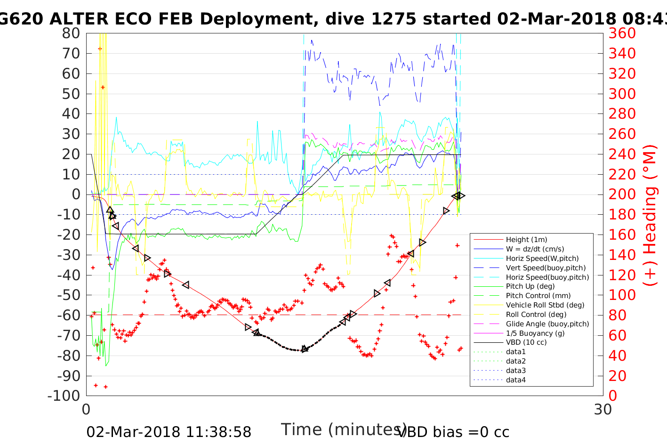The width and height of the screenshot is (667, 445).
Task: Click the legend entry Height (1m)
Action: pos(526,240)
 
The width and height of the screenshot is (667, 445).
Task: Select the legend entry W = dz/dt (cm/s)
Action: pos(535,249)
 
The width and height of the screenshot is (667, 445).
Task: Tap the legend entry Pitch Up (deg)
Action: pos(530,286)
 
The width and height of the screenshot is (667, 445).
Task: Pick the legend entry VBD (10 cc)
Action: pos(526,342)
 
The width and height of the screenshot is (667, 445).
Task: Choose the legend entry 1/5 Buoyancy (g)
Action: pos(535,333)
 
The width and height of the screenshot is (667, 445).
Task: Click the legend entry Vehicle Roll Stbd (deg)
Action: pos(545,305)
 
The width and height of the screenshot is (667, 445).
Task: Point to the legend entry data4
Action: pos(515,380)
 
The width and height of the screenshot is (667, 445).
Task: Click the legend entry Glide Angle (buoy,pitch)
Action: pos(547,324)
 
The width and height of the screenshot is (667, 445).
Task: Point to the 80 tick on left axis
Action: pos(71,33)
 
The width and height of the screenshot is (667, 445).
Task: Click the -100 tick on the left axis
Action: pos(64,396)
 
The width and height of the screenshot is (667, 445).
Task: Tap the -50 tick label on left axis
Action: pos(68,295)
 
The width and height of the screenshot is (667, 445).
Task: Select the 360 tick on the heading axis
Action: pos(622,33)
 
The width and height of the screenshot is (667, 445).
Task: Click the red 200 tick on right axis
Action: pos(622,194)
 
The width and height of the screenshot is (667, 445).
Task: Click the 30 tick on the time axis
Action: pos(603,409)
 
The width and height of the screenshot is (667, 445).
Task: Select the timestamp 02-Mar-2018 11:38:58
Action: pos(169,432)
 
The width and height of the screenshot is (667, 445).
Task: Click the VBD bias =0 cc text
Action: pos(453,432)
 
